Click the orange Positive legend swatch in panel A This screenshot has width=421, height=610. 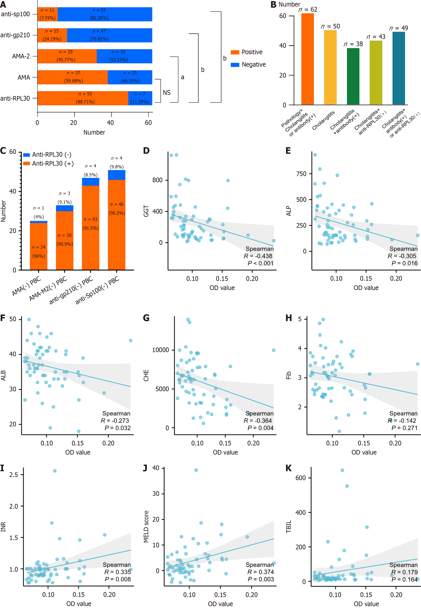(x=235, y=52)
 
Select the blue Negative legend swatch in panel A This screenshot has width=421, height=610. (x=235, y=65)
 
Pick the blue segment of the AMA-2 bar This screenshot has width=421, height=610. (x=124, y=56)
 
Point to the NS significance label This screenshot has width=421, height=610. (x=167, y=93)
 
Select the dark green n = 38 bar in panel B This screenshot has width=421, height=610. (x=353, y=76)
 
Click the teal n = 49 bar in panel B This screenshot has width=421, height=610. (x=399, y=68)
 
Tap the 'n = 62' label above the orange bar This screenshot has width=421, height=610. (x=308, y=9)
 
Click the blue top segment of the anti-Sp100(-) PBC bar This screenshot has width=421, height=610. (x=117, y=175)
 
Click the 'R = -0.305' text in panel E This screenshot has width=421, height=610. (x=402, y=256)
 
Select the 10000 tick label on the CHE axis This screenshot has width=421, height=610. (x=160, y=350)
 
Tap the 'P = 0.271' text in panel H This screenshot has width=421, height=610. (x=404, y=428)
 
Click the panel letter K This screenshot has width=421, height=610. (x=289, y=468)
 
